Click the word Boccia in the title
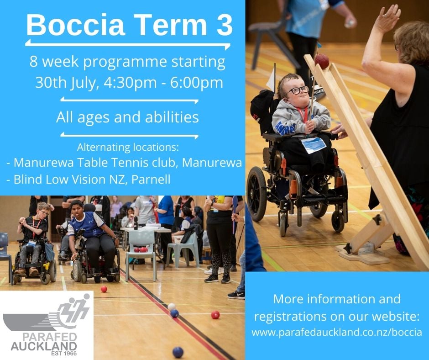click(x=76, y=25)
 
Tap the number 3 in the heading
click(x=223, y=25)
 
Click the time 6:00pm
click(x=196, y=83)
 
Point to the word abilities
click(x=172, y=117)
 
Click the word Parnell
click(x=151, y=179)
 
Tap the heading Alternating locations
click(x=128, y=147)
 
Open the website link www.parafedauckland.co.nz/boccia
click(x=337, y=332)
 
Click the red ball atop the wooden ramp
click(x=321, y=61)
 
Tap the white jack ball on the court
click(x=171, y=307)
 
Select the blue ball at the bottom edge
click(x=178, y=352)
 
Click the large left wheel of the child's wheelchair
click(x=256, y=193)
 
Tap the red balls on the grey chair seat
click(x=141, y=249)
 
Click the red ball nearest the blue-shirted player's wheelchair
click(x=104, y=289)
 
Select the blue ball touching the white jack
click(x=174, y=313)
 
